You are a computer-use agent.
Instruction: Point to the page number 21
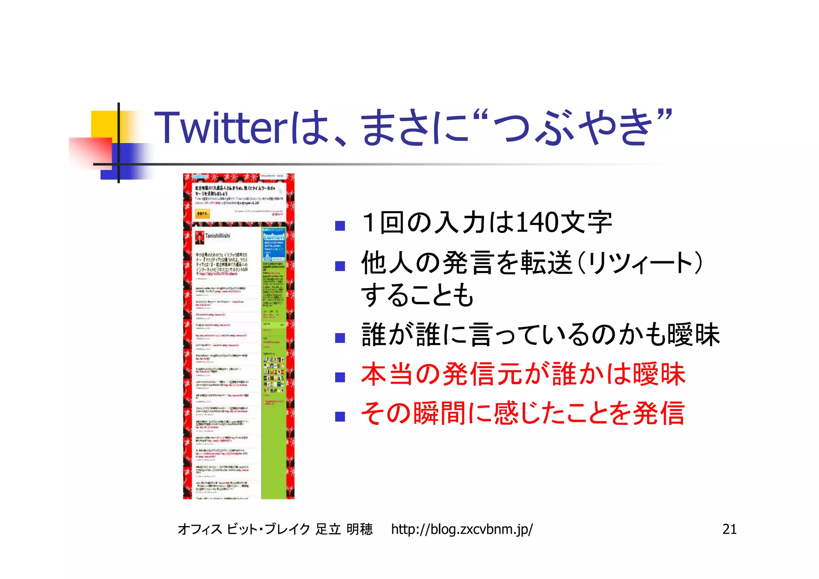point(729,529)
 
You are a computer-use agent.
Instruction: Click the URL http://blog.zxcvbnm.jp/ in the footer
point(461,529)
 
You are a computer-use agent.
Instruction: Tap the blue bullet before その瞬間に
point(340,417)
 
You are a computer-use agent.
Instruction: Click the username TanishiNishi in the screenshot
point(218,236)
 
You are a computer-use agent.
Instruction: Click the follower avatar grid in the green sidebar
point(274,375)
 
